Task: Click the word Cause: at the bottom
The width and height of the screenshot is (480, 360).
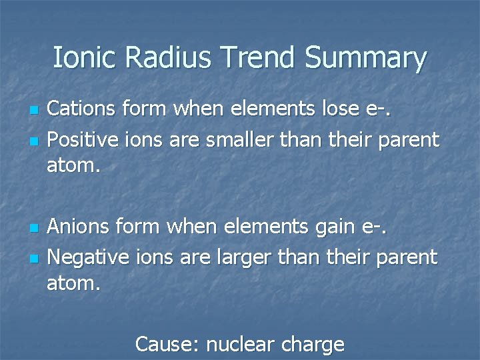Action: pyautogui.click(x=167, y=345)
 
